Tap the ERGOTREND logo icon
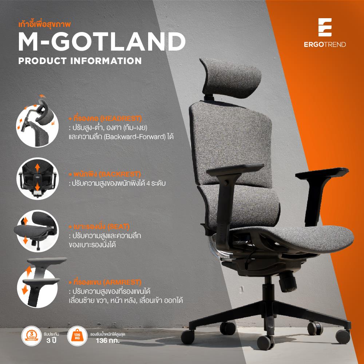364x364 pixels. coord(325,27)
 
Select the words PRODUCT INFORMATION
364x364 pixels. coord(80,60)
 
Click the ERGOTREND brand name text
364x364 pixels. coord(325,45)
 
